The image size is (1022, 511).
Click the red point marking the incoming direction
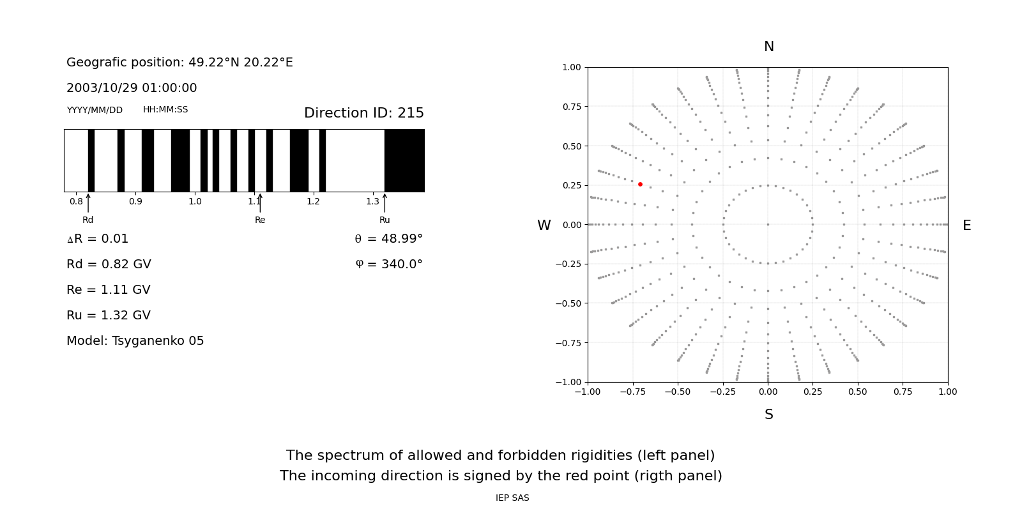click(x=640, y=184)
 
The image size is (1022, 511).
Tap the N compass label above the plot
click(x=768, y=47)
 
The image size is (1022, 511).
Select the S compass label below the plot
click(x=768, y=415)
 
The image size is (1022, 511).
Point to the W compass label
click(x=544, y=225)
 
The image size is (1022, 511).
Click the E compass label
click(x=966, y=225)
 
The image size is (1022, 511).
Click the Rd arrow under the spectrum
click(x=88, y=203)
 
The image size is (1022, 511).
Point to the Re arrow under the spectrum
click(x=260, y=203)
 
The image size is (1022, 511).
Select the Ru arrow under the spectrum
click(x=385, y=203)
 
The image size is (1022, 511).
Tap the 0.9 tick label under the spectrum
click(x=135, y=201)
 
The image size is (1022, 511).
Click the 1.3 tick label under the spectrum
click(x=372, y=201)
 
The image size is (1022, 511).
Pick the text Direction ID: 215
click(x=363, y=113)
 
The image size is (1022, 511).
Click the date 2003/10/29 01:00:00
click(x=132, y=88)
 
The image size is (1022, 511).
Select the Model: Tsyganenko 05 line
click(x=135, y=341)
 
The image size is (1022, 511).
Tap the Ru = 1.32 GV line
click(x=109, y=316)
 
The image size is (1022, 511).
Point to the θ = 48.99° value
click(x=388, y=239)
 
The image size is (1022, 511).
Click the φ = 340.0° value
click(x=388, y=264)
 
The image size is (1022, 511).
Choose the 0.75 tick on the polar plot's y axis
click(x=571, y=106)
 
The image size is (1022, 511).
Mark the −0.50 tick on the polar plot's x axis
click(x=678, y=392)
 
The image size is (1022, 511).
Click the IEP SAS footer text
click(x=512, y=498)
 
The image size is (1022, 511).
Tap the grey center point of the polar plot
click(x=768, y=224)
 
